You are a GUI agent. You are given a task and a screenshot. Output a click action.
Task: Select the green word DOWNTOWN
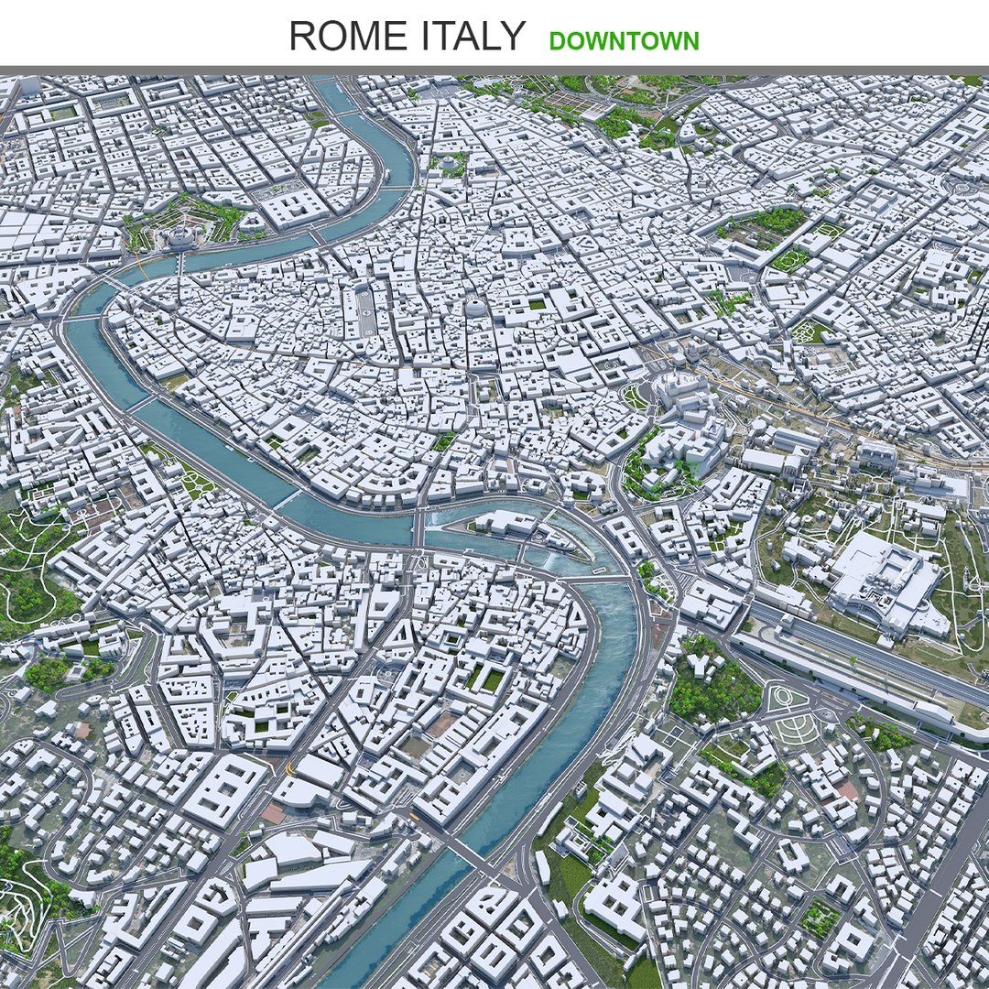pyautogui.click(x=624, y=41)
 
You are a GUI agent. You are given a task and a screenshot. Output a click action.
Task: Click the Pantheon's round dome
pyautogui.click(x=475, y=309)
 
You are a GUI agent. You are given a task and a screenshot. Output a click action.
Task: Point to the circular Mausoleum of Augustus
pyautogui.click(x=451, y=165)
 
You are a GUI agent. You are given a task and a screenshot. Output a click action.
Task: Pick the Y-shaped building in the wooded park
pyautogui.click(x=702, y=661)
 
